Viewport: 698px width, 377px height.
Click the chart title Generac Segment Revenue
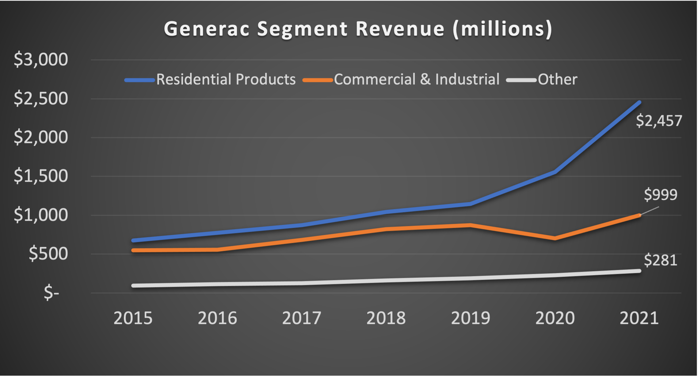click(358, 29)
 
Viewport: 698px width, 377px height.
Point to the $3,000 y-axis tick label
click(41, 60)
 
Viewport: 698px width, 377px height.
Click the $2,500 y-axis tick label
click(41, 99)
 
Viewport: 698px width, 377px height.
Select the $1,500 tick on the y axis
click(41, 176)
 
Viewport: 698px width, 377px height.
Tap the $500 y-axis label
click(48, 254)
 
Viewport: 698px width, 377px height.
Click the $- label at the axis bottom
click(51, 293)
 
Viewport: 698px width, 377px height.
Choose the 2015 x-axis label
click(133, 318)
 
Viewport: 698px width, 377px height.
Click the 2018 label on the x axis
click(386, 318)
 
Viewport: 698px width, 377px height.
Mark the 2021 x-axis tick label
click(639, 318)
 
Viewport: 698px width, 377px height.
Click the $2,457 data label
click(659, 121)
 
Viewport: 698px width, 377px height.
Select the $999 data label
click(660, 195)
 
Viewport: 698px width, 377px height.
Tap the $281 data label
click(660, 260)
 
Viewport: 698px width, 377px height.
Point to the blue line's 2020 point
click(555, 172)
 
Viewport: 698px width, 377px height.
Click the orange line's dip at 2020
click(555, 238)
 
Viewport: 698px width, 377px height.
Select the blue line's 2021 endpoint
click(639, 102)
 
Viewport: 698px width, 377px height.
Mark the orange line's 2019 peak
click(470, 225)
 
